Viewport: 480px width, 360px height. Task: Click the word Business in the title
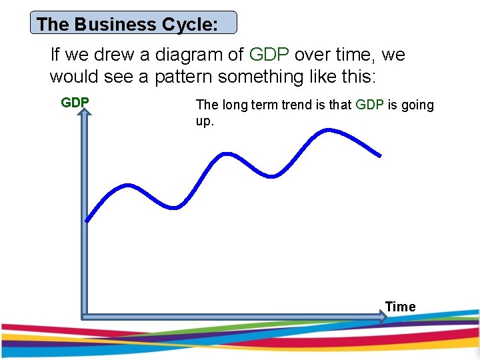[x=115, y=25]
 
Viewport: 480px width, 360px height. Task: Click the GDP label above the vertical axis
[x=75, y=103]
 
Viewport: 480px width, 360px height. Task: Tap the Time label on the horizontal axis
[x=400, y=307]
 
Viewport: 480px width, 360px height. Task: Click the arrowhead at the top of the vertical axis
[x=85, y=115]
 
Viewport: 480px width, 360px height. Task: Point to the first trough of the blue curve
[x=175, y=207]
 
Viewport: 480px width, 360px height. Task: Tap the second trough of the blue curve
[x=271, y=177]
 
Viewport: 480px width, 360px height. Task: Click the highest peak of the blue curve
[x=327, y=130]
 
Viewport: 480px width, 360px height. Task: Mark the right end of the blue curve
[x=380, y=156]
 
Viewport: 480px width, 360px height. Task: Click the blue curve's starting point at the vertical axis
[x=87, y=220]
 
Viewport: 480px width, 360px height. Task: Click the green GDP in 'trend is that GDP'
[x=369, y=105]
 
